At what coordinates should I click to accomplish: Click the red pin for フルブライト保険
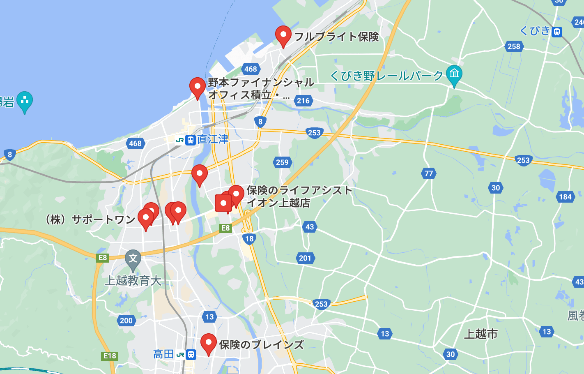tap(283, 35)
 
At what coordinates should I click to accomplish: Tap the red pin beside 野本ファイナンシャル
tap(198, 87)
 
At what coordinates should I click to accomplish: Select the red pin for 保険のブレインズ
tap(209, 343)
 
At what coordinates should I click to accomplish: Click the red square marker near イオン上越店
tap(223, 203)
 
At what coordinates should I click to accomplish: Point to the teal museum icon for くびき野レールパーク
tap(454, 74)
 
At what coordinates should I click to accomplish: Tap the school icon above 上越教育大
tap(133, 259)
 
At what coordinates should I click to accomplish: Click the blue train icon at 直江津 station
tap(190, 140)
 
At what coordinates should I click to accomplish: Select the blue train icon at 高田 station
tap(191, 354)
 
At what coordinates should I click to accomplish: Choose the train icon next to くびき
tap(557, 32)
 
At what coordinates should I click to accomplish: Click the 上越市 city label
tap(481, 334)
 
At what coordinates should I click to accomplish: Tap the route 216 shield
tap(303, 101)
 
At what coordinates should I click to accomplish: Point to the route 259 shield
tap(282, 162)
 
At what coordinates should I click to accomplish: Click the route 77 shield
tap(429, 173)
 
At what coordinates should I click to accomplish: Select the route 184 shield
tap(565, 197)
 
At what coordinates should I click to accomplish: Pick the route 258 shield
tap(514, 46)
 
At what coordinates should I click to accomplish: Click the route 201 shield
tap(305, 258)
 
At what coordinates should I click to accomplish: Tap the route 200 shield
tap(126, 321)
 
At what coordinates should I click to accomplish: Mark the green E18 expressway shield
tap(110, 356)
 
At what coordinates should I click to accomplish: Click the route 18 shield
tap(249, 239)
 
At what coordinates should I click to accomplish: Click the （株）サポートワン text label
tap(90, 219)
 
